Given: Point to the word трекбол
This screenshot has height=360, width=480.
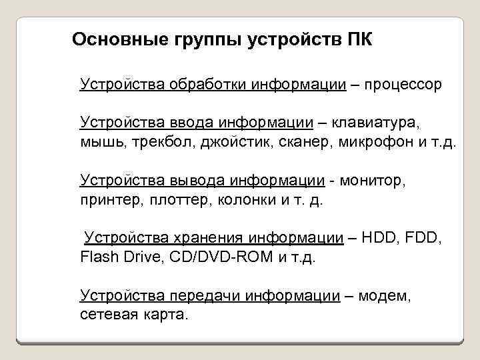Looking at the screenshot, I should coord(164,141).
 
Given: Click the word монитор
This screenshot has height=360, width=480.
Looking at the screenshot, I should coord(374,180).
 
